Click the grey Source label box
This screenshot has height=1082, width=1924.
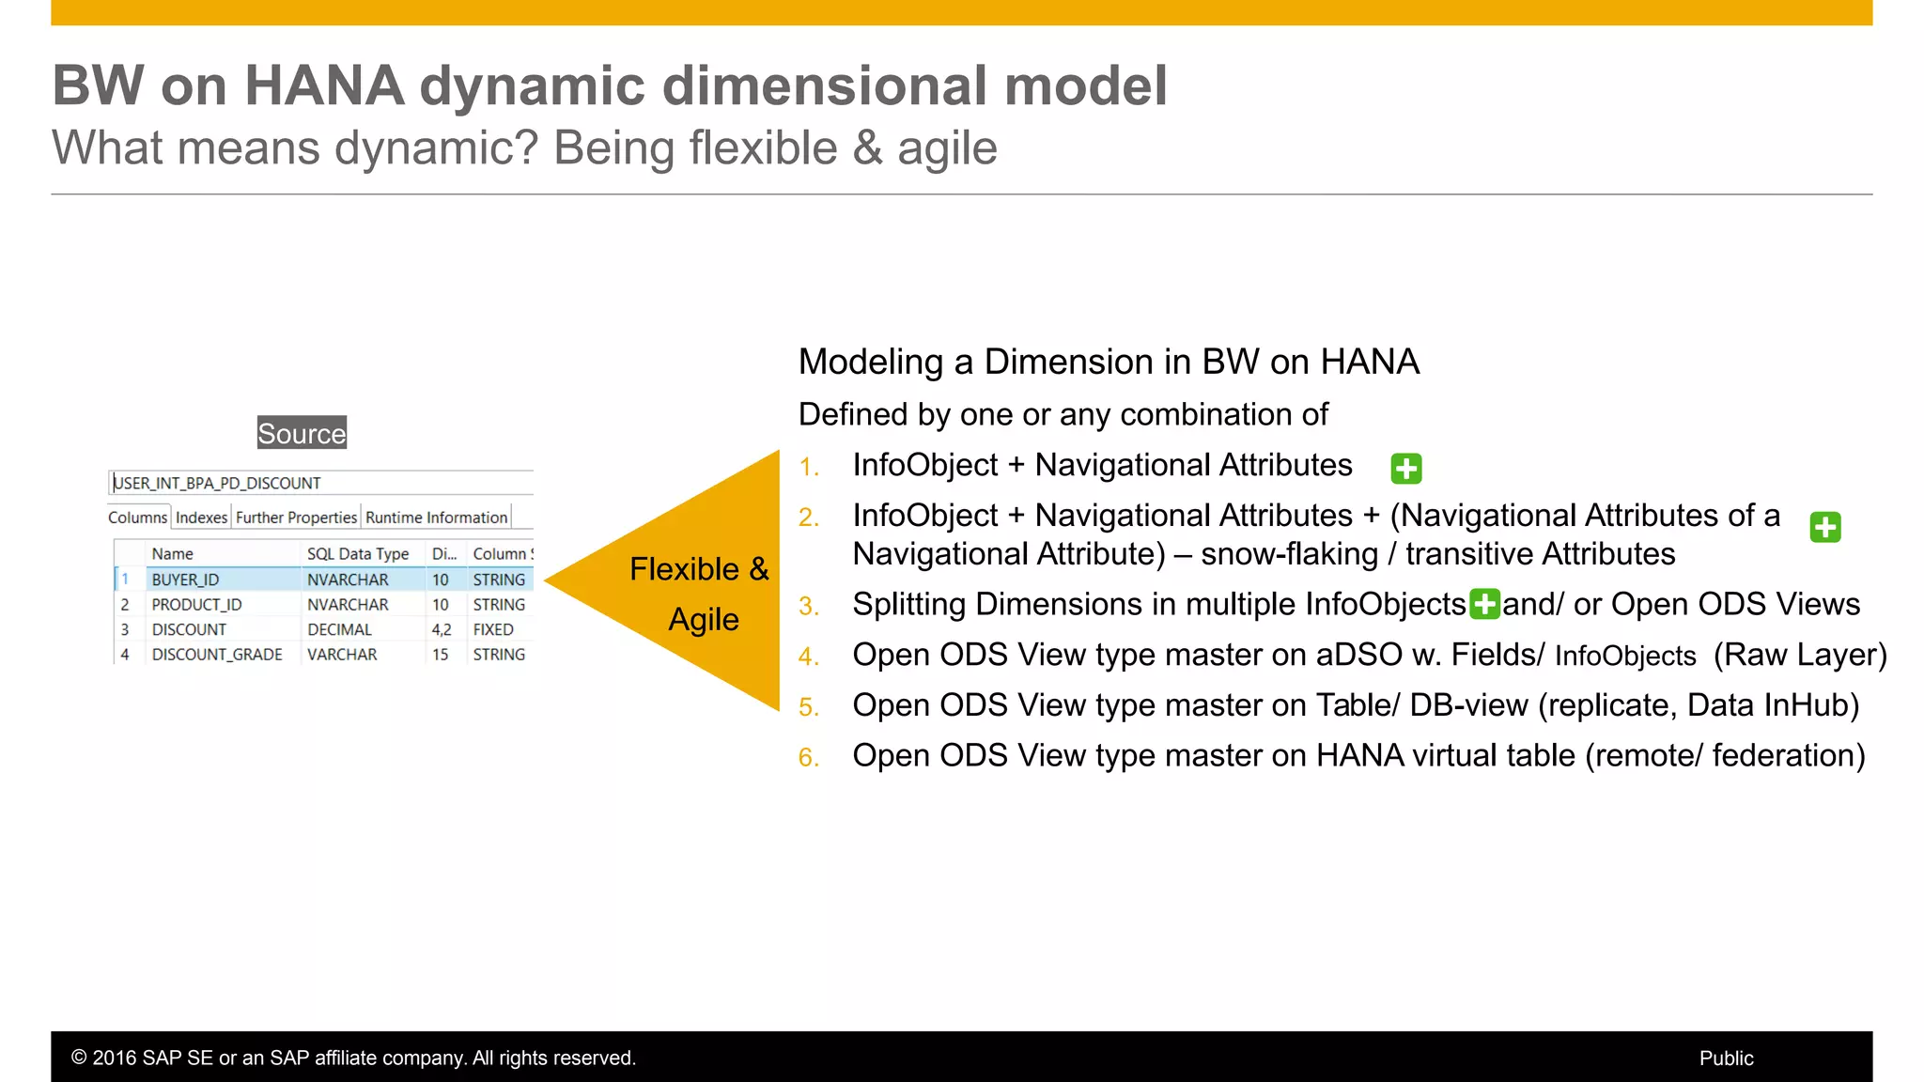coord(302,433)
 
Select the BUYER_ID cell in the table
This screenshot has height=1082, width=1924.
coord(185,580)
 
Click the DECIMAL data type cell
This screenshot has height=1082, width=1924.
coord(339,629)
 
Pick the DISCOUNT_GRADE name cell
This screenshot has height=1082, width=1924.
coord(217,655)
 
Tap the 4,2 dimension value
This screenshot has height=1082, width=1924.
coord(441,629)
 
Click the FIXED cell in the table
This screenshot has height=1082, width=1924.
coord(493,629)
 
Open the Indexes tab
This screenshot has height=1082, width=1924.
coord(201,518)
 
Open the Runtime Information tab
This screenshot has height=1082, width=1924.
coord(436,518)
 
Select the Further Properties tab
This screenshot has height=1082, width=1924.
coord(296,518)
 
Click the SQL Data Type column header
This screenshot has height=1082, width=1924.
coord(357,554)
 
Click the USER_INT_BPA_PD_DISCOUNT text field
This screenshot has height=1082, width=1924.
coord(319,483)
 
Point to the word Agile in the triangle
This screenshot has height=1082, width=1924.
coord(704,620)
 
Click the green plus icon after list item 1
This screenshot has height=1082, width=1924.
coord(1405,468)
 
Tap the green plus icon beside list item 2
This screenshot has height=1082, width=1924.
coord(1824,527)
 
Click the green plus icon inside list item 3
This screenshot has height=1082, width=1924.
coord(1484,604)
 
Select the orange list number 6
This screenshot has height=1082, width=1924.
coord(808,757)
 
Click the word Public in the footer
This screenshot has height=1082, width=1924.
coord(1726,1059)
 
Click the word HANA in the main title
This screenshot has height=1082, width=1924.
coord(324,85)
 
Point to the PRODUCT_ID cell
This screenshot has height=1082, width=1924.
coord(196,605)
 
